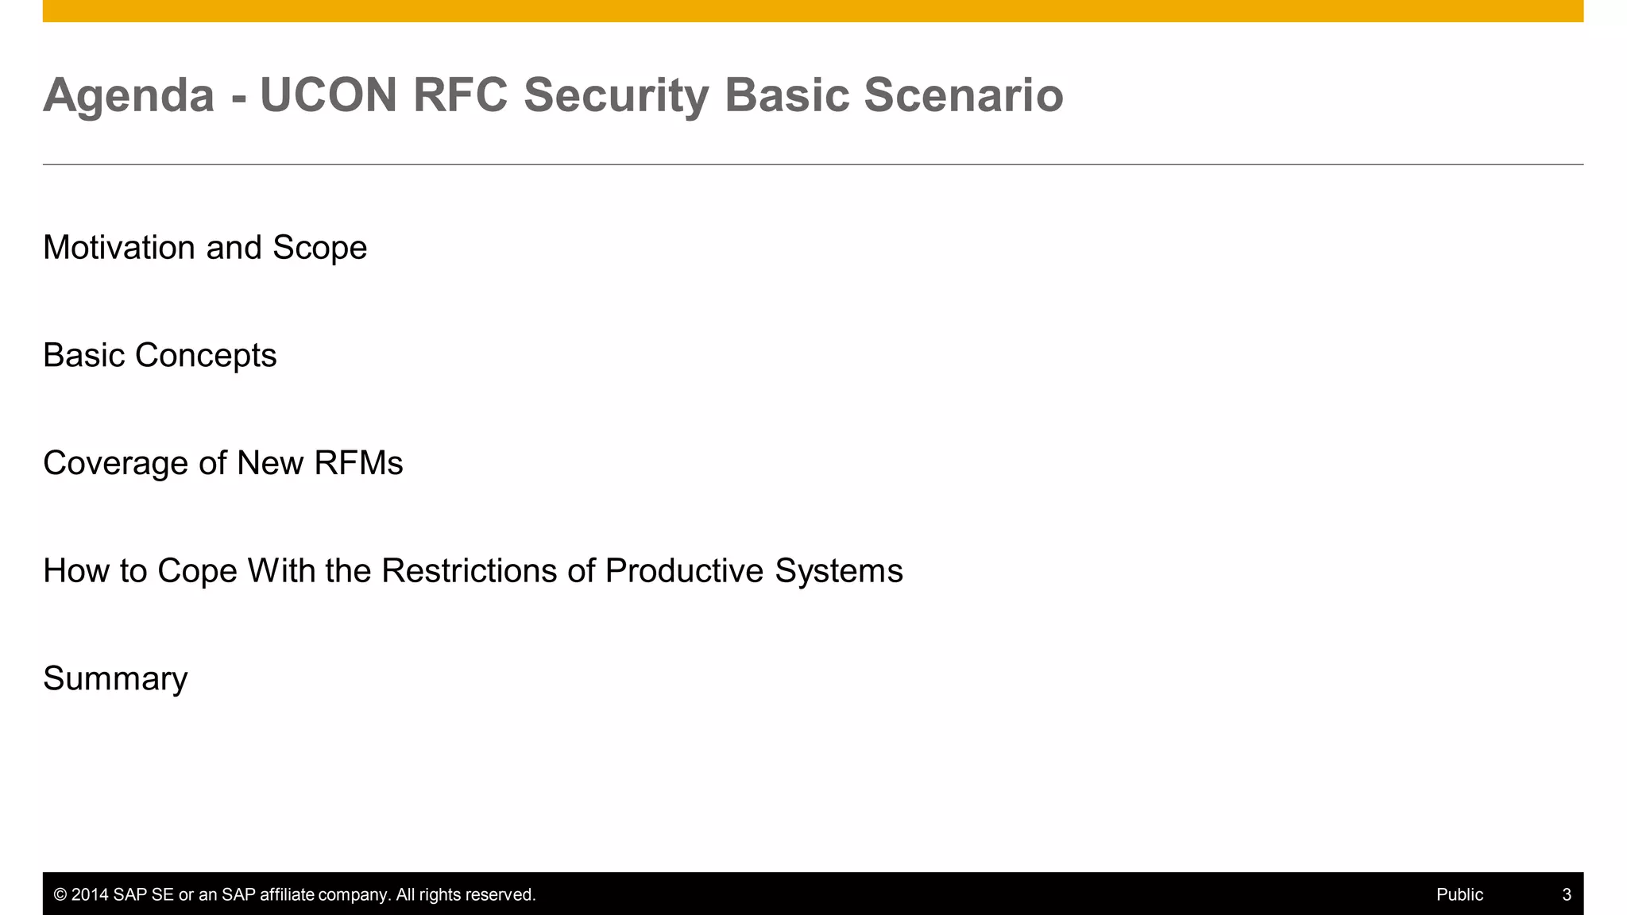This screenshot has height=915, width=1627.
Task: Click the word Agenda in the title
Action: (129, 95)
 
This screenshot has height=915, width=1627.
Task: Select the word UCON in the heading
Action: (328, 95)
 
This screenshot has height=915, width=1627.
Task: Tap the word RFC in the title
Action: (460, 95)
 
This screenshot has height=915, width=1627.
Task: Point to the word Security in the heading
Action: (616, 95)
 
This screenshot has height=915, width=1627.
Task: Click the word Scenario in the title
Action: (963, 95)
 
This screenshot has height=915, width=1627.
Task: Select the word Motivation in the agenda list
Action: (119, 248)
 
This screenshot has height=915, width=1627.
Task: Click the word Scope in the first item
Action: (319, 248)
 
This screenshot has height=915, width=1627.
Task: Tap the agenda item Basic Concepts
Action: (160, 355)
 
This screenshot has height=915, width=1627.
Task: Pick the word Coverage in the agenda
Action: (115, 463)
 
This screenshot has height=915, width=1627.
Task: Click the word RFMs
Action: (358, 463)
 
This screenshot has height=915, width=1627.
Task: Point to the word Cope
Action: (197, 571)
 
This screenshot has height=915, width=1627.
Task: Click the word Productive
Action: (684, 571)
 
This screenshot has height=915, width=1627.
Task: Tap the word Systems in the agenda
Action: (838, 571)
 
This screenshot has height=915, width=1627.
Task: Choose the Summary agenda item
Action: (115, 679)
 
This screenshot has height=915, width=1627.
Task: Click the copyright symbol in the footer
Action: (60, 895)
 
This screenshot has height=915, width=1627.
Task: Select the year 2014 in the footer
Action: (89, 895)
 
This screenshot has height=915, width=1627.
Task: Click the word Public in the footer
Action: (1459, 895)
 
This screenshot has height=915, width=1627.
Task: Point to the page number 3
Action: (1567, 895)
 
